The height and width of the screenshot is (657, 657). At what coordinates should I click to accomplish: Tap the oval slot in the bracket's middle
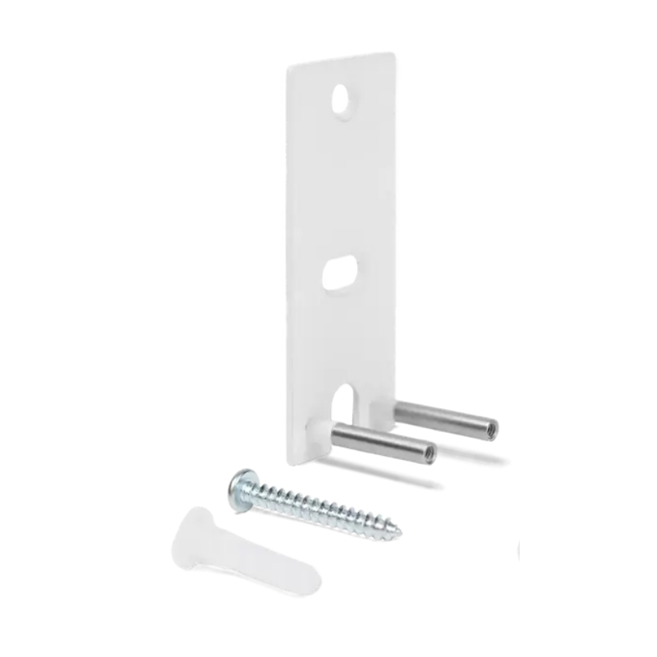339,273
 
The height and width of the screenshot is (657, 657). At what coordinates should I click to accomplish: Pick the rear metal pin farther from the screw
444,418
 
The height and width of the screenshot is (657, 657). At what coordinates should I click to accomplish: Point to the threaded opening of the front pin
428,452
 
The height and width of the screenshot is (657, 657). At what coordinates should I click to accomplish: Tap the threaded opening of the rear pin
489,430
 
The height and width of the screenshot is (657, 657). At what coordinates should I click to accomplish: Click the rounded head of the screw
240,489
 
